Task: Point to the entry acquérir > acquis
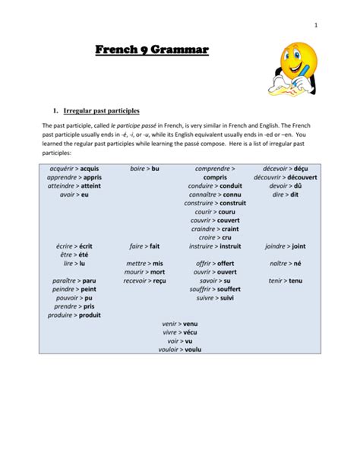pos(74,167)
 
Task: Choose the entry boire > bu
pos(144,167)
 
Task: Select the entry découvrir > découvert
pos(286,176)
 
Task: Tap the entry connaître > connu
pos(214,194)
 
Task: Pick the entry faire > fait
pos(144,246)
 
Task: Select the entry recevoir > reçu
pos(144,281)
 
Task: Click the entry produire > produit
pos(74,315)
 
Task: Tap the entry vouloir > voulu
pos(180,350)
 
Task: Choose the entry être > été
pos(74,255)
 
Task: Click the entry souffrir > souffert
pos(214,290)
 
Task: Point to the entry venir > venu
pos(180,323)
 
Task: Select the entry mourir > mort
pos(144,271)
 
